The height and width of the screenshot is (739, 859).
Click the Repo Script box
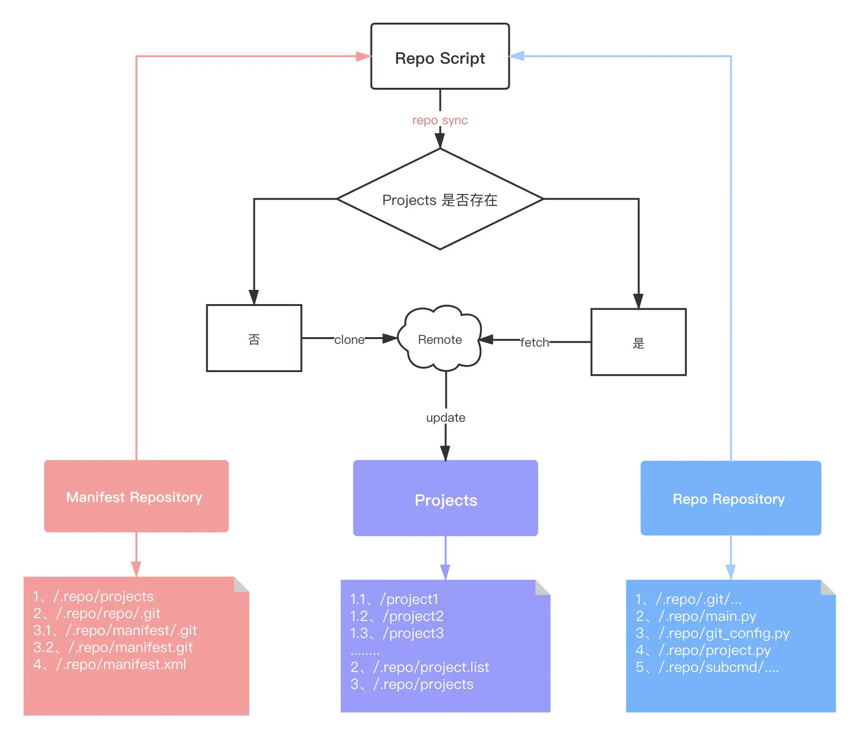(x=440, y=56)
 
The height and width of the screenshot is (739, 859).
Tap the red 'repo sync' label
(x=440, y=120)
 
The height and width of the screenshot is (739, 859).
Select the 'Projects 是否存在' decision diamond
(x=440, y=199)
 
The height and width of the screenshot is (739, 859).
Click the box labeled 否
(x=254, y=338)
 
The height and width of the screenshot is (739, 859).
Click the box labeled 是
(x=638, y=342)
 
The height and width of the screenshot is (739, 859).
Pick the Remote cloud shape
(x=440, y=338)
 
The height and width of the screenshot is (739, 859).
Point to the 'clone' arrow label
(x=349, y=340)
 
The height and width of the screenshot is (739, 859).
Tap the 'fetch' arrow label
(x=535, y=342)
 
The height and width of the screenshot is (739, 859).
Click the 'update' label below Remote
(x=446, y=417)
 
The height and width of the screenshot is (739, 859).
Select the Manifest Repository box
(x=136, y=496)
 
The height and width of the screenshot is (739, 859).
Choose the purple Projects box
(x=446, y=498)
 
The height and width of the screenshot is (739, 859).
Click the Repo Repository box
(x=731, y=498)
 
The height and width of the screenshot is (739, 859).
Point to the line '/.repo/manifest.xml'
(x=121, y=664)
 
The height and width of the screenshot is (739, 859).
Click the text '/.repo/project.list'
(x=431, y=667)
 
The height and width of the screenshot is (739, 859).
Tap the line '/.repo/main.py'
(x=707, y=616)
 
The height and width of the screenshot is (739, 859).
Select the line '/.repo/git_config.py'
(x=724, y=633)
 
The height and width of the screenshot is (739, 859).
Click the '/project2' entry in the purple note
(x=413, y=616)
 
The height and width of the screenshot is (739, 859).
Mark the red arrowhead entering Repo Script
(x=363, y=57)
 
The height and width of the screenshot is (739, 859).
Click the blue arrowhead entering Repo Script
(x=517, y=56)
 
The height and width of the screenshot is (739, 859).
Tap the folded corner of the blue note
(x=828, y=587)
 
